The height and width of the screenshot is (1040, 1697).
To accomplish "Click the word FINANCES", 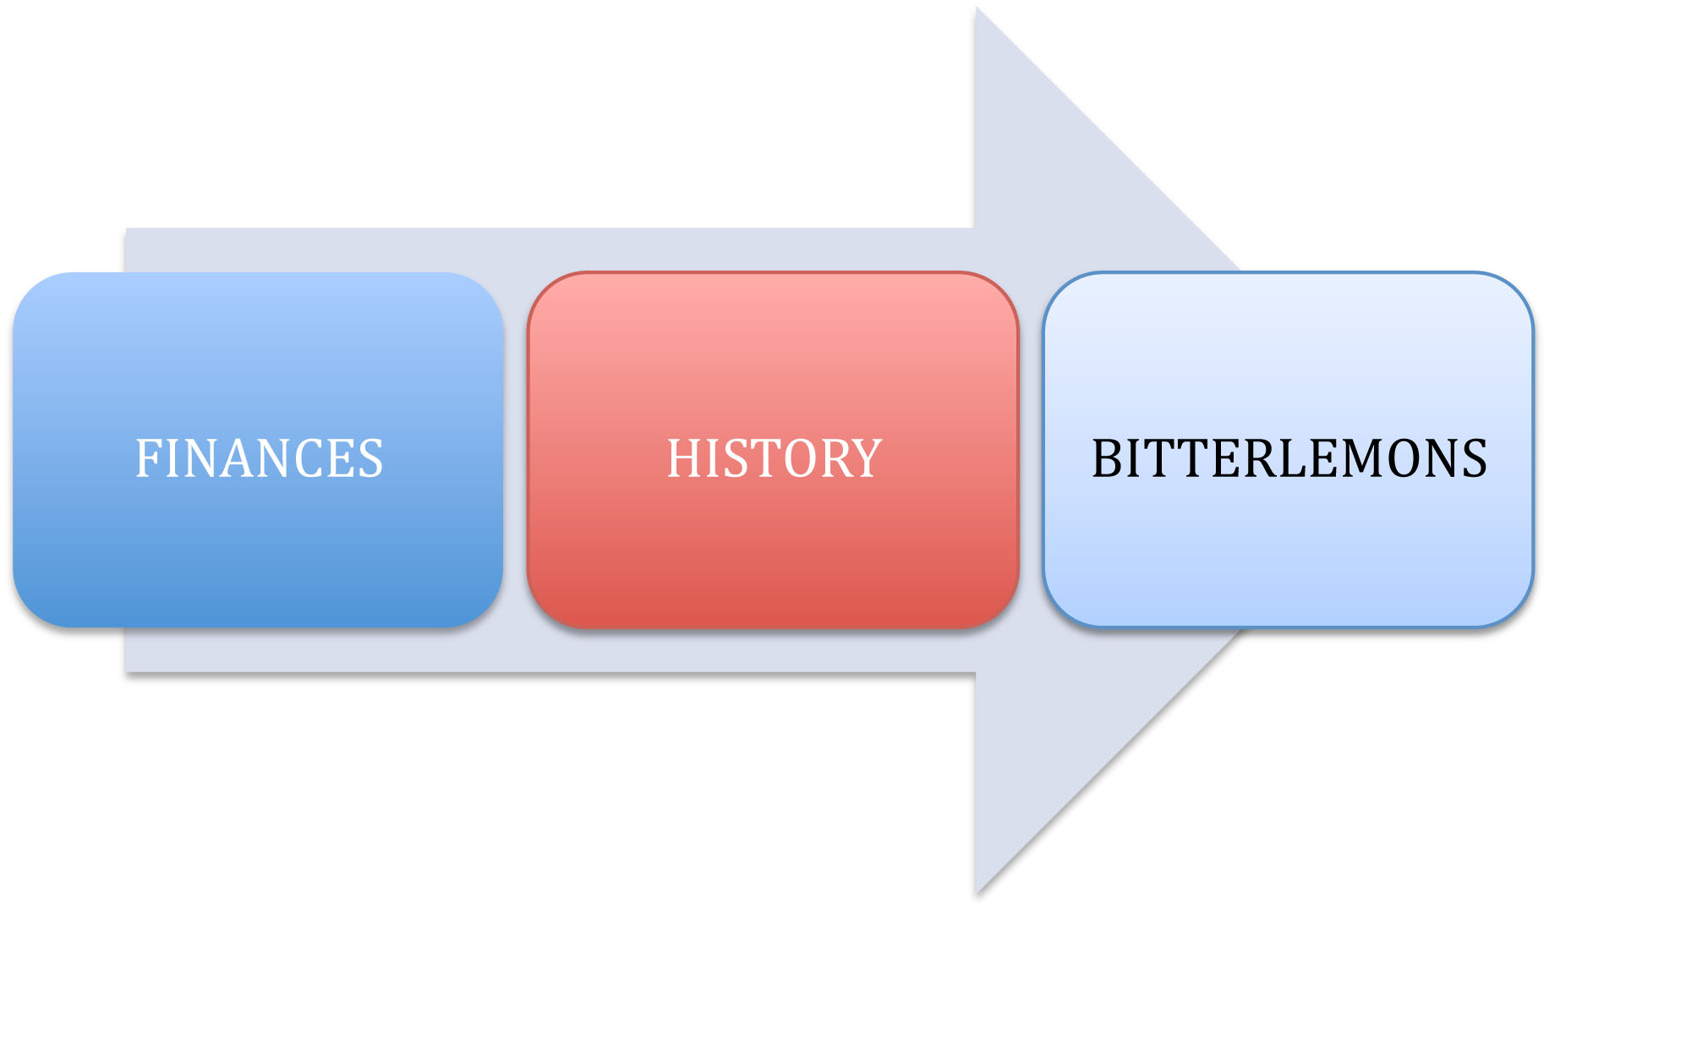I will [259, 458].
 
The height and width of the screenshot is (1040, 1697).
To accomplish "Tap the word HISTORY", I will [774, 458].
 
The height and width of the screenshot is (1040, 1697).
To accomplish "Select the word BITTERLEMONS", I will [1289, 458].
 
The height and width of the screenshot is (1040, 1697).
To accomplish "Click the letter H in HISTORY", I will [684, 458].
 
